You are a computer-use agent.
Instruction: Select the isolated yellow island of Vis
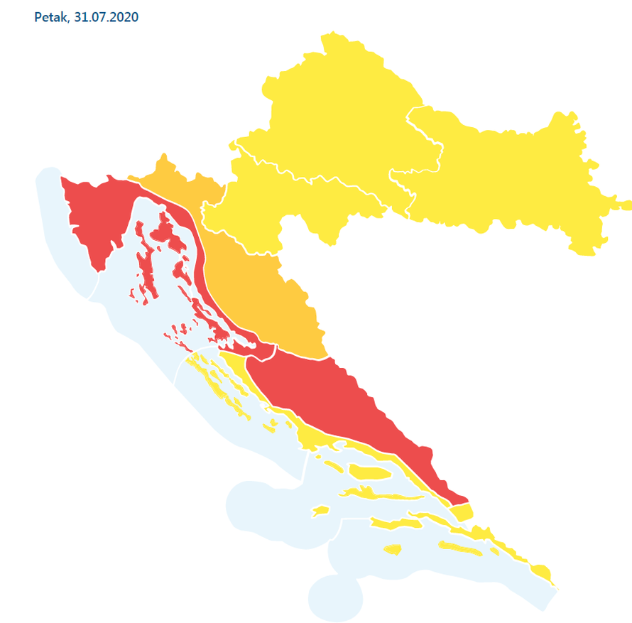[320, 511]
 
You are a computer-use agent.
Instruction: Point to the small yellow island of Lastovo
[391, 549]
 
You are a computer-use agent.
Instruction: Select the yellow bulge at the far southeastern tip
[542, 573]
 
